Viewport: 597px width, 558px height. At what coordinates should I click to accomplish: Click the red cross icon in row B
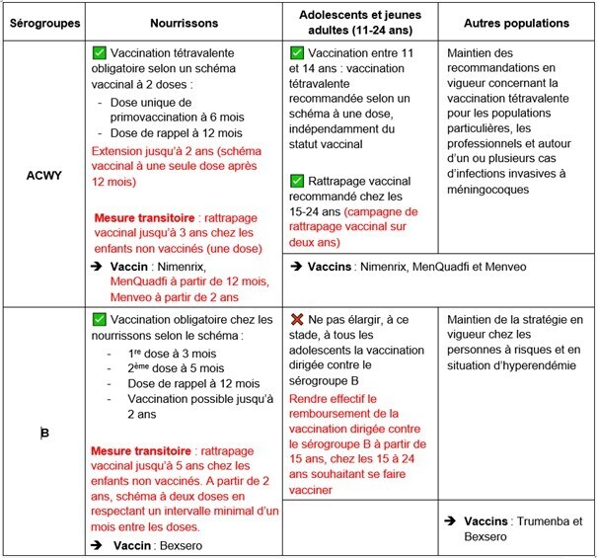298,321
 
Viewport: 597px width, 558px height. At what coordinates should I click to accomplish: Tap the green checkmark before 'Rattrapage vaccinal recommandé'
298,182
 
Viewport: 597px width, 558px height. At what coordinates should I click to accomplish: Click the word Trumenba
542,520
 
